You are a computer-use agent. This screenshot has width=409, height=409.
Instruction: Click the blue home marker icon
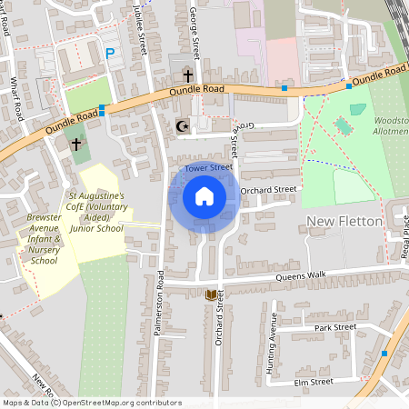(x=204, y=196)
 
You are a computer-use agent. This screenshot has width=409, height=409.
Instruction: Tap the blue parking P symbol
(x=111, y=54)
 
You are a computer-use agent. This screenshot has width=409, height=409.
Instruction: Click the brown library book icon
(x=212, y=294)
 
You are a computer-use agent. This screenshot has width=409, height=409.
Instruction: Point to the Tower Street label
(x=209, y=167)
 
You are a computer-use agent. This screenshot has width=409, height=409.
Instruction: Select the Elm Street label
(x=314, y=383)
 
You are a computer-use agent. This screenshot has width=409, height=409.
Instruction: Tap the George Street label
(x=195, y=31)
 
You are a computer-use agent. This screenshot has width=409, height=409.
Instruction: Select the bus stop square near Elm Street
(x=384, y=353)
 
